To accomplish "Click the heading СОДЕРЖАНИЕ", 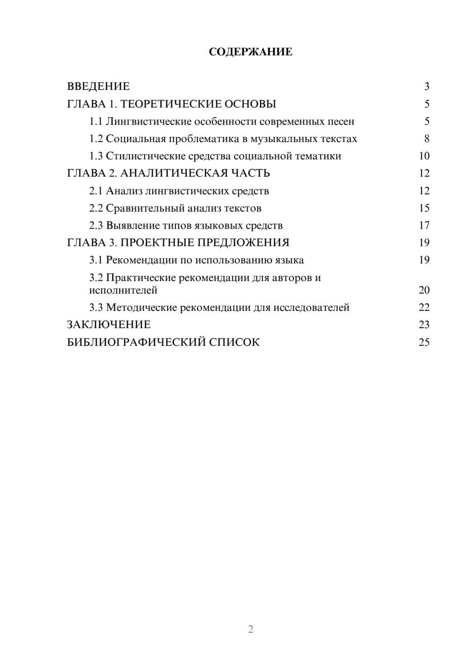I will point(250,52).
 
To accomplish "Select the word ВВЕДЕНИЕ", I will point(98,86).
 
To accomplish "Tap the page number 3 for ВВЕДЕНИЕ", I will point(426,86).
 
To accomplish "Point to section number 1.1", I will point(96,122).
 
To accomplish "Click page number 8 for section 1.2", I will point(426,139).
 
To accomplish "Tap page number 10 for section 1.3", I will point(424,156).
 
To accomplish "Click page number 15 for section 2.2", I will point(424,208).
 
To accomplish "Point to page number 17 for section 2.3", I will point(424,225).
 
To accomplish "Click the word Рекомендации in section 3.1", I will point(142,260).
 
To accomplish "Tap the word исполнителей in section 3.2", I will point(123,290).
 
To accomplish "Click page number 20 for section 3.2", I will point(424,290).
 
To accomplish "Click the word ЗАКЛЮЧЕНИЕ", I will point(109,325).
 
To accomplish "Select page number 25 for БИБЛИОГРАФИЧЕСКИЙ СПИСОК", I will point(424,342).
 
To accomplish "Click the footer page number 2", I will point(250,629).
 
